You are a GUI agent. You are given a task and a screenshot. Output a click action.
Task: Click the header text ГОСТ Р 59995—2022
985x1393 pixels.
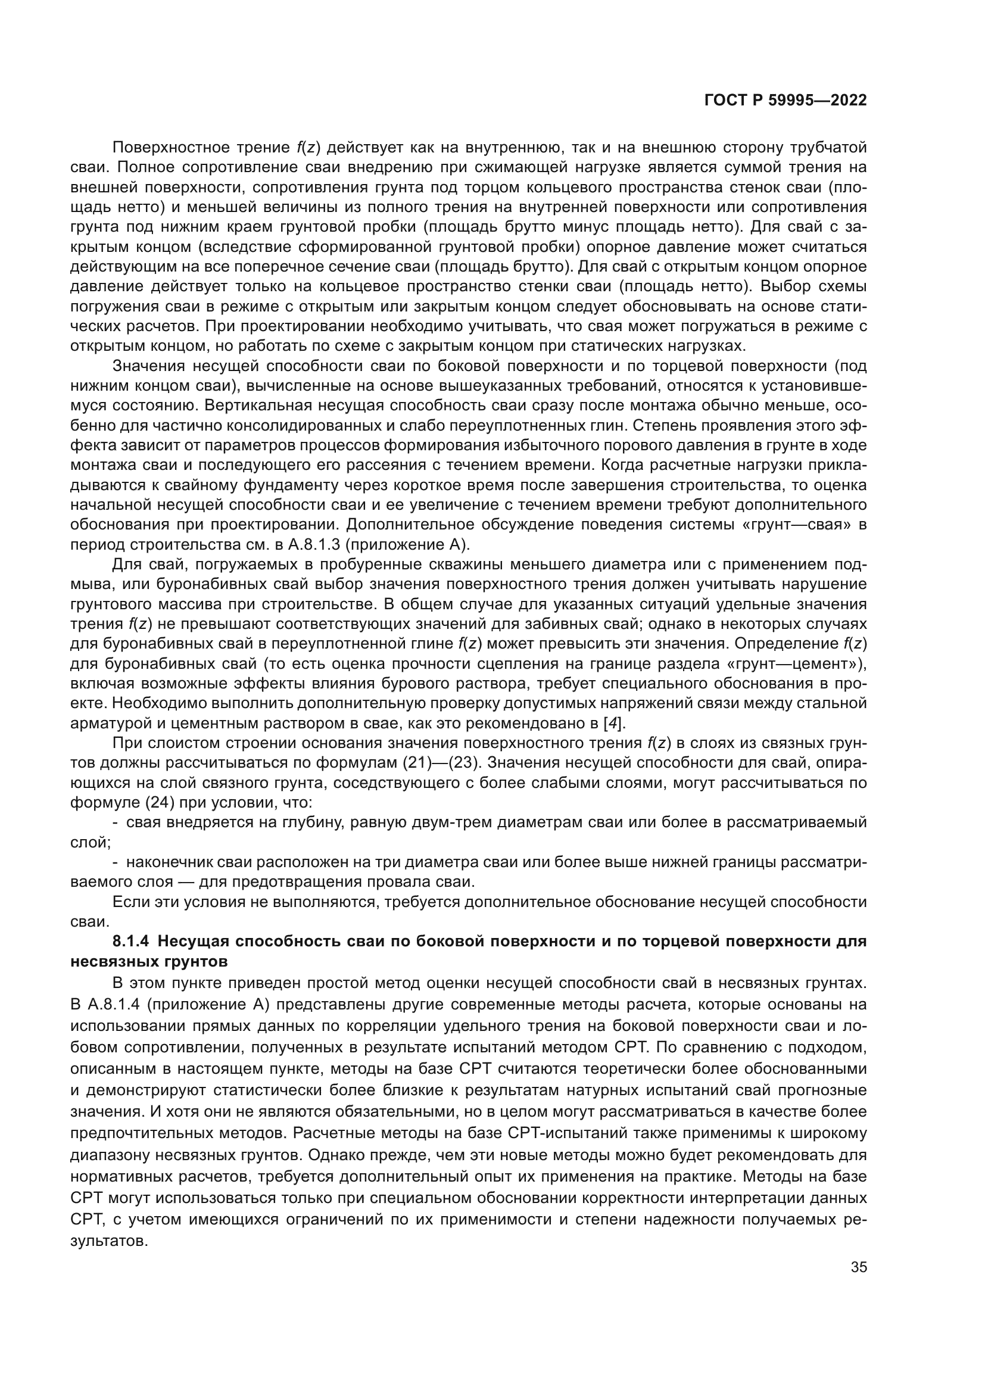(785, 101)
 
